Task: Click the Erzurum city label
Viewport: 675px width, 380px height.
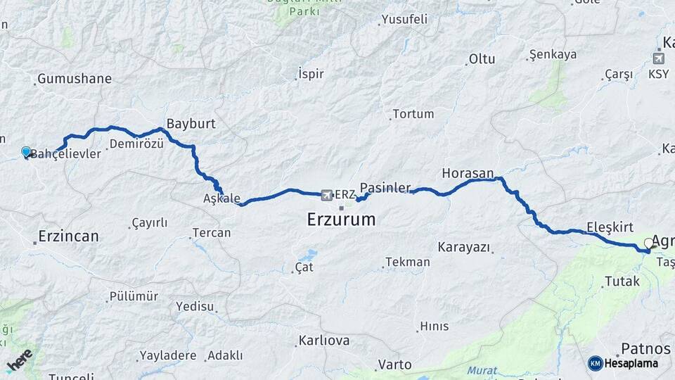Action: coord(341,220)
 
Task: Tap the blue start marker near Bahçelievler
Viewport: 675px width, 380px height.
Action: coord(26,151)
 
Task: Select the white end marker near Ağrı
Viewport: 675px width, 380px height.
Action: coord(649,243)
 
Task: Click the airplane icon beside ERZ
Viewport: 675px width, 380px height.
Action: coord(326,194)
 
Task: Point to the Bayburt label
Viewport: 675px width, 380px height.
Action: coord(191,123)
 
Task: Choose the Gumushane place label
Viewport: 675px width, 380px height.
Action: coord(75,78)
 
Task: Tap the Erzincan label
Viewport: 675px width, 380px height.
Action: coord(69,236)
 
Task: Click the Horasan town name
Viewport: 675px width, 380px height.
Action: coord(468,172)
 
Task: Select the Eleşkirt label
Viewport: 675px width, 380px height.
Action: coord(610,227)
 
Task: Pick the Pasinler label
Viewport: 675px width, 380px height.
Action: coord(385,188)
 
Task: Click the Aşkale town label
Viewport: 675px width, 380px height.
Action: coord(221,198)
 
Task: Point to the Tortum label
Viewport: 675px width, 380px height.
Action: coord(413,113)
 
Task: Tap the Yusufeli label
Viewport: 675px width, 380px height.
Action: coord(402,20)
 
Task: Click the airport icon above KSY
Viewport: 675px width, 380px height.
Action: coord(658,58)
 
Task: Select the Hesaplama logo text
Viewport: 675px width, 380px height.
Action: coord(632,363)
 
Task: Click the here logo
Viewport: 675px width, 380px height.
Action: coord(19,360)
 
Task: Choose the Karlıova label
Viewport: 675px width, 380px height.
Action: coord(323,341)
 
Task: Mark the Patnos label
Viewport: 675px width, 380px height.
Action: coord(645,349)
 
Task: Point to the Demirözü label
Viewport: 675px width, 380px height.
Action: coord(136,144)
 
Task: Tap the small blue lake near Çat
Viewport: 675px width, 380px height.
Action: coord(307,255)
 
